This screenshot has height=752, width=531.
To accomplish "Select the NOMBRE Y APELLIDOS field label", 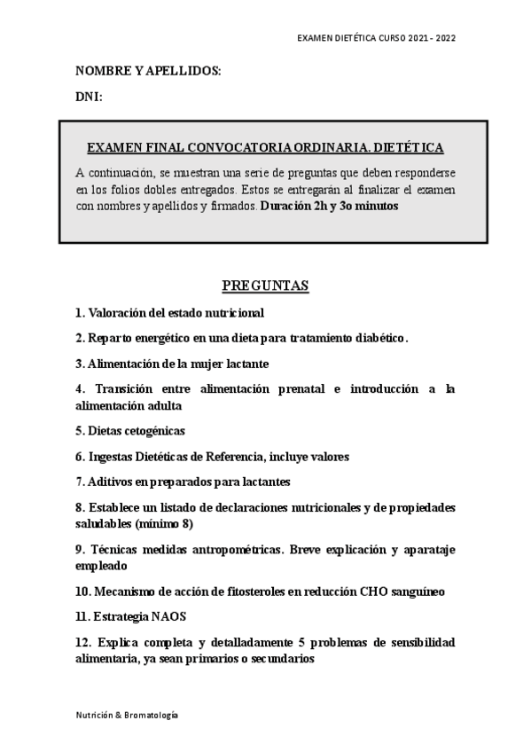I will [148, 70].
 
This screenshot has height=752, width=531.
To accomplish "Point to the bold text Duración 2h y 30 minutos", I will [330, 206].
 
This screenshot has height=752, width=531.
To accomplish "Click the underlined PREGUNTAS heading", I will [264, 286].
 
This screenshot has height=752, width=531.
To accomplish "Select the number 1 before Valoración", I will [79, 313].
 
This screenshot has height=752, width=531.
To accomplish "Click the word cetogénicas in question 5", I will [152, 431].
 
